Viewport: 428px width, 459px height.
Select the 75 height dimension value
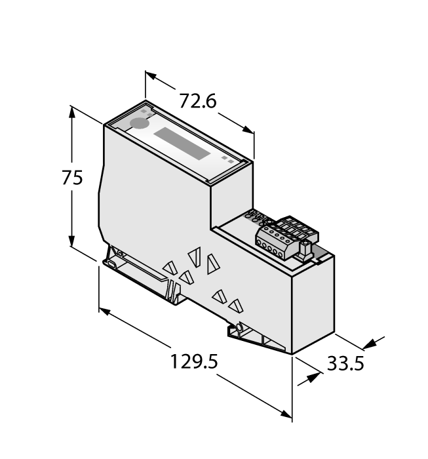coord(71,178)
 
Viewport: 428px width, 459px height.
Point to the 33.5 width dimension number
coord(345,364)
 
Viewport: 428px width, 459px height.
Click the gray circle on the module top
coord(139,123)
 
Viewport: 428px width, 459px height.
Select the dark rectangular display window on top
coord(182,144)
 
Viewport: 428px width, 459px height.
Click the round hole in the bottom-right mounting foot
coord(241,327)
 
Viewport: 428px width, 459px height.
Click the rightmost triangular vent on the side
coord(235,305)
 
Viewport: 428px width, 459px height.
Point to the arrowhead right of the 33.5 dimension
coord(374,342)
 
